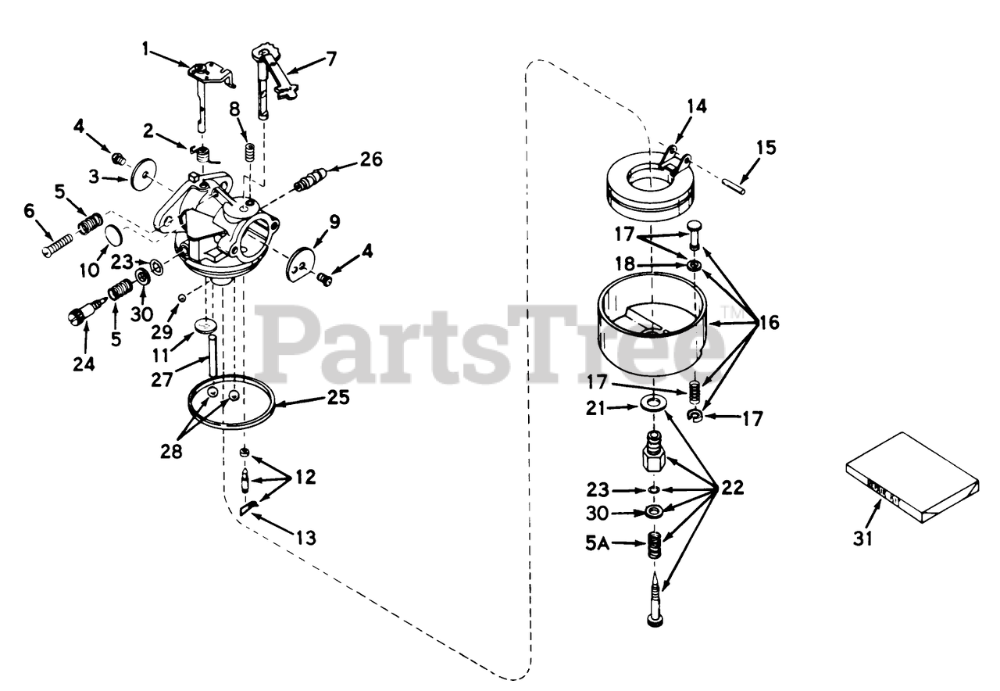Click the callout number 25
click(x=338, y=399)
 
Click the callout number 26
click(x=372, y=159)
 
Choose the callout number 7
click(x=332, y=58)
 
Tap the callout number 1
click(x=145, y=49)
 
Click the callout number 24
click(x=85, y=365)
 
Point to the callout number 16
click(x=769, y=322)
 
